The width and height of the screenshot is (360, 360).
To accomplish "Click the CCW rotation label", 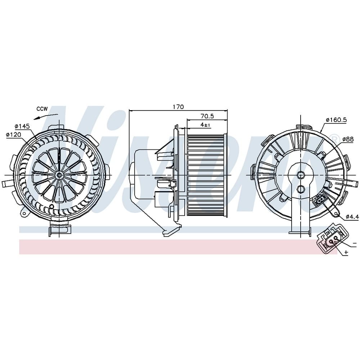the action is (x=42, y=109).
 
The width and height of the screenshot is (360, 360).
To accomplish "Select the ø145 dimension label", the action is (x=22, y=126).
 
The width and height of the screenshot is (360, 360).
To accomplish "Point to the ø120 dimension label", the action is (x=13, y=134).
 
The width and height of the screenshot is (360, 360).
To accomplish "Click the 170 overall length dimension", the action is (x=178, y=107).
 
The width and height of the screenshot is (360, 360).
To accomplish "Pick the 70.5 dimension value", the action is (x=207, y=116).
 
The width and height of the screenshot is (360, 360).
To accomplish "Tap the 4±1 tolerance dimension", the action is (x=205, y=125).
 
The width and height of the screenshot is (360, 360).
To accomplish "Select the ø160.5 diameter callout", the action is (x=336, y=120).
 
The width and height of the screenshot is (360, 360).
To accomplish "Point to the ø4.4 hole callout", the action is (x=352, y=216).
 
